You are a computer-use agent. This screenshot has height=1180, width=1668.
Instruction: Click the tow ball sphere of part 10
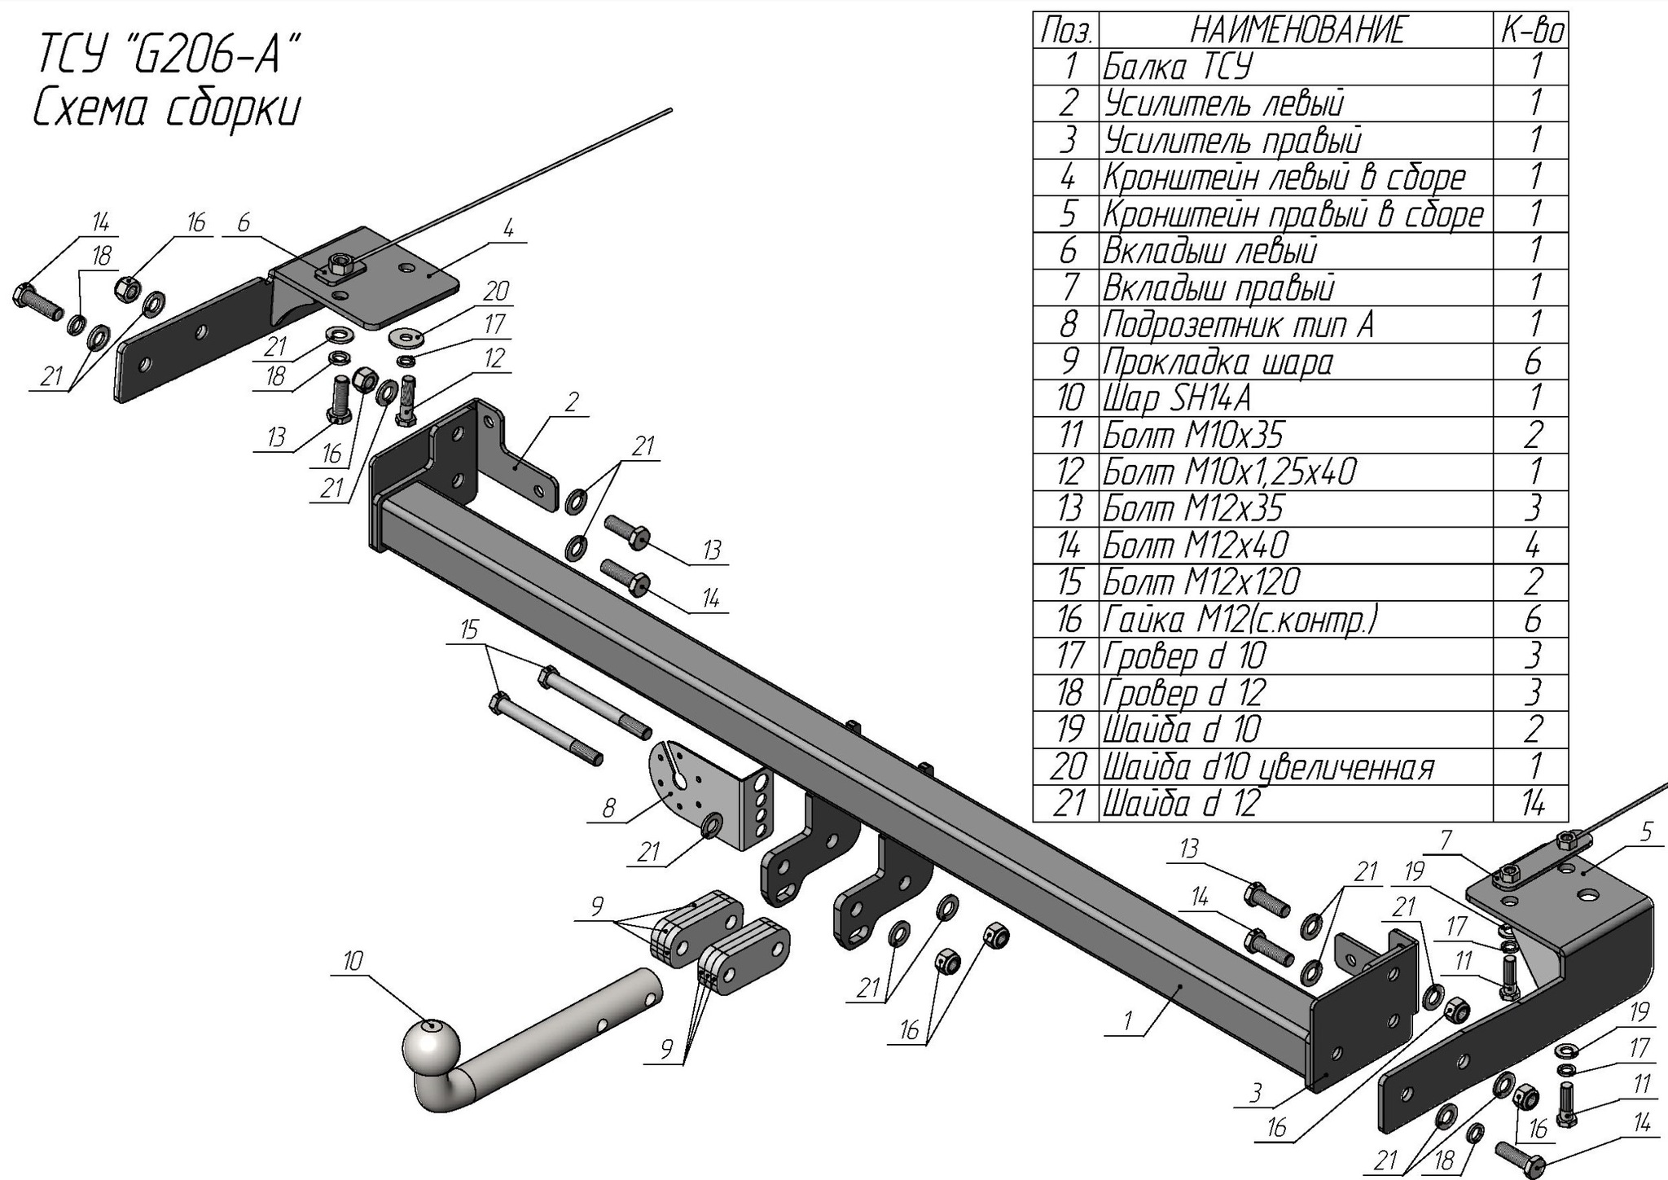tap(431, 1046)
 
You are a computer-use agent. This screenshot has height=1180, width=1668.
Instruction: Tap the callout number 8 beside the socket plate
tap(609, 809)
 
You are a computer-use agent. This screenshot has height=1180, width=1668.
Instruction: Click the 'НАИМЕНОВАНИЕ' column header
tap(1297, 31)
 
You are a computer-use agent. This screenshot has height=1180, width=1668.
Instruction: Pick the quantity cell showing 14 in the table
tap(1532, 804)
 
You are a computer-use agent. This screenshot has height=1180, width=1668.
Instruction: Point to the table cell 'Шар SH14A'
tap(1177, 398)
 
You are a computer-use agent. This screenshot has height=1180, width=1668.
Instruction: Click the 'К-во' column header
tap(1532, 31)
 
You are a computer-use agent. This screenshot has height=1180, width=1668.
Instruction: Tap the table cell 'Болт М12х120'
tap(1201, 582)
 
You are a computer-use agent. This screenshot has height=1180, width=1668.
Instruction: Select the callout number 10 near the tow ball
tap(353, 961)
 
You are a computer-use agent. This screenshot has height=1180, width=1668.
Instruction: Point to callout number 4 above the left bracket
tap(508, 228)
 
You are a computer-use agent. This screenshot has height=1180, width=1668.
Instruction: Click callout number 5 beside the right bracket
tap(1647, 832)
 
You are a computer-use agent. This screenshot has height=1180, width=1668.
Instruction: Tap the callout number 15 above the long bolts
tap(469, 629)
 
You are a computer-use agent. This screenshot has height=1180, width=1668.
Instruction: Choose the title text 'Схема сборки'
tap(167, 109)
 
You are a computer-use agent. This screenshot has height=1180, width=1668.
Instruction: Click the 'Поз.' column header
tap(1066, 31)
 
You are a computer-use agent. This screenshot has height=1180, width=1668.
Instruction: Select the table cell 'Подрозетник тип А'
tap(1238, 325)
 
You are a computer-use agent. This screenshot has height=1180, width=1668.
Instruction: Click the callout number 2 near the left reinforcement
tap(572, 401)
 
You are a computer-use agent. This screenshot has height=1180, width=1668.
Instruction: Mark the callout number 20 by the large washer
tap(496, 291)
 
